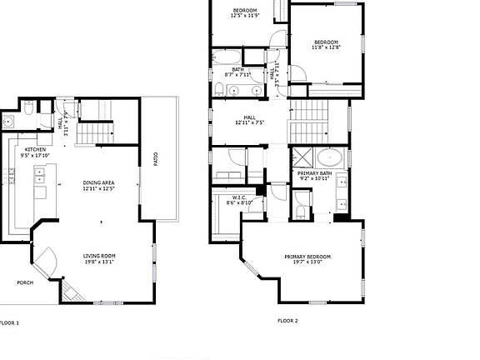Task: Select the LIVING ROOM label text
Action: [98, 258]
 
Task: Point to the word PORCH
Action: [26, 282]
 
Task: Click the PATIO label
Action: [156, 159]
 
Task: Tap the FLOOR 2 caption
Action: [287, 320]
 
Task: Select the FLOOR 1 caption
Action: [8, 322]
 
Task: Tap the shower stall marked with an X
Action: [302, 157]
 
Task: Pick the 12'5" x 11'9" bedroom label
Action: [243, 12]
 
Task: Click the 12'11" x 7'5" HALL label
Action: [249, 120]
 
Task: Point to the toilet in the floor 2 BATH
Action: [218, 88]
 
